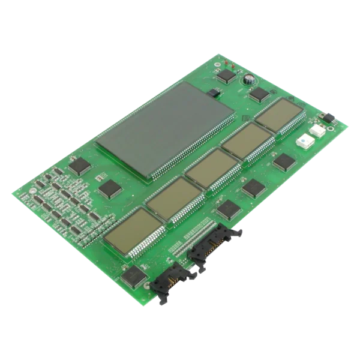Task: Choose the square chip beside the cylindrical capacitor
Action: point(259,94)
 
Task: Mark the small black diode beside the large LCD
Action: point(214,93)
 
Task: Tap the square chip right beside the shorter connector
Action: point(134,276)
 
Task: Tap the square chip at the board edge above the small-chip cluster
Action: point(79,165)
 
